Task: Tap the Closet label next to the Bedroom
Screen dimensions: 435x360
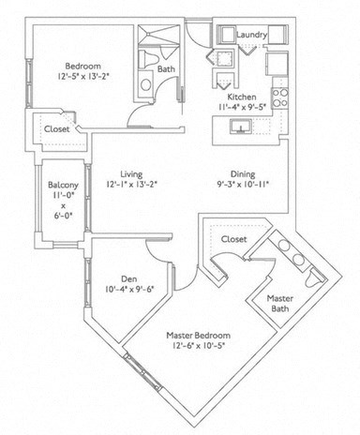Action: coord(56,128)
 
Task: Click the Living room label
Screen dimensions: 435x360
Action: coord(124,173)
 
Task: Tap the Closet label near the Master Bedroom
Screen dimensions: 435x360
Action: coord(233,240)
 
